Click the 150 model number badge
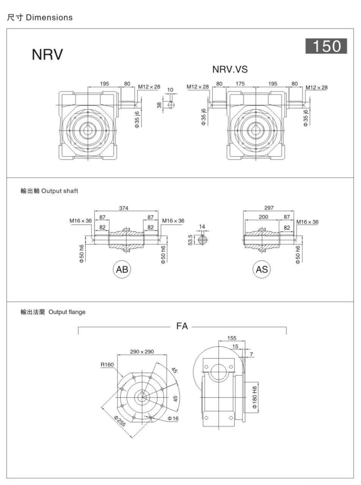[326, 47]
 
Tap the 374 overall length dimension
[125, 208]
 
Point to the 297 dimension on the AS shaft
[269, 208]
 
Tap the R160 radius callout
[107, 365]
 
